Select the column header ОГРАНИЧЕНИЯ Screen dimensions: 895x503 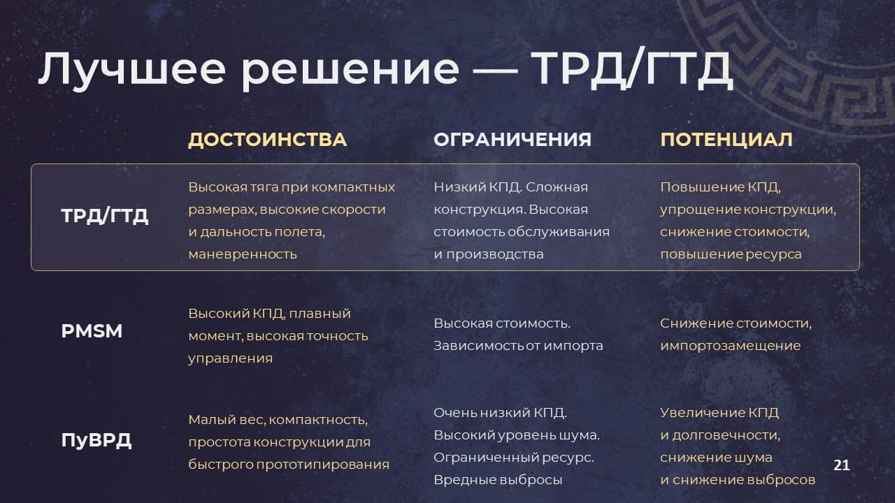coord(513,140)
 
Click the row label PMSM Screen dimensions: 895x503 coord(92,331)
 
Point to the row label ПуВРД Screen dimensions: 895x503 coord(96,440)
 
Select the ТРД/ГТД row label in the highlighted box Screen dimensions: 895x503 coord(105,216)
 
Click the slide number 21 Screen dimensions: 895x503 coord(841,465)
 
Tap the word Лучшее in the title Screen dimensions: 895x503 coord(132,69)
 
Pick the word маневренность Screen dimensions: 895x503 coord(243,254)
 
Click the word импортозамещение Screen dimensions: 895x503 coord(731,346)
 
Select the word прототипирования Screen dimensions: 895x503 coord(323,465)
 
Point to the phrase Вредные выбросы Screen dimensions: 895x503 coord(498,480)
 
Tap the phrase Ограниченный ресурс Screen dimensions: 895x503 coord(514,458)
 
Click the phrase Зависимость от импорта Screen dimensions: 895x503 coord(518,346)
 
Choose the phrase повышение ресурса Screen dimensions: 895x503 coord(731,254)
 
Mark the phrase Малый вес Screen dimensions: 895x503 coord(226,420)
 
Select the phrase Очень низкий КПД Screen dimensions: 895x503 coord(500,413)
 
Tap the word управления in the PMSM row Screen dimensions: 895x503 coord(230,358)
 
